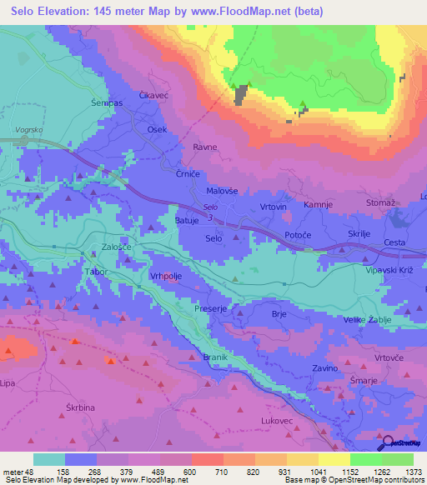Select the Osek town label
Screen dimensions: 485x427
pyautogui.click(x=157, y=130)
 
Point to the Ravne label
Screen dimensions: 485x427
pyautogui.click(x=205, y=147)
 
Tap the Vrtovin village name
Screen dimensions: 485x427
pyautogui.click(x=273, y=206)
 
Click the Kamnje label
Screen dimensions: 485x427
pyautogui.click(x=318, y=204)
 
